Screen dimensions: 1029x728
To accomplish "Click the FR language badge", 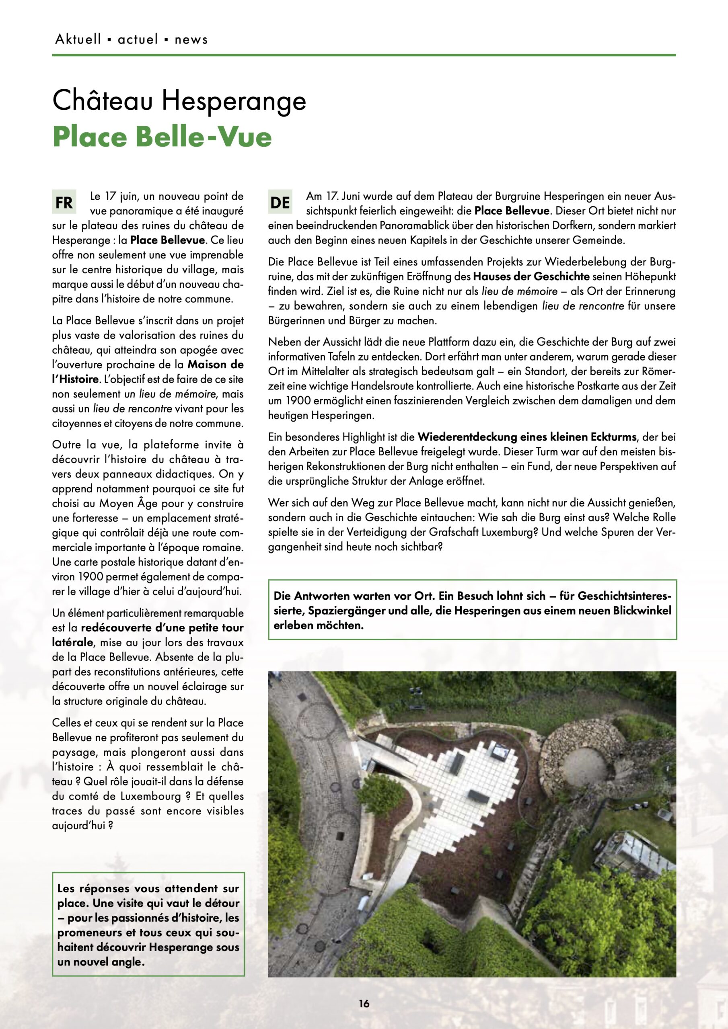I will pos(64,203).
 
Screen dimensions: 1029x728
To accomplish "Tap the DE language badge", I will pos(280,203).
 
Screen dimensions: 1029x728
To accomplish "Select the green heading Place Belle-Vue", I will pos(162,137).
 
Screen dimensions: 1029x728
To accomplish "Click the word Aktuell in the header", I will pos(78,39).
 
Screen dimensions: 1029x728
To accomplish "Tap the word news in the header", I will pos(191,39).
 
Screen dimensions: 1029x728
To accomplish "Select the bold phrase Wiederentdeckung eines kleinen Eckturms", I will pos(527,437).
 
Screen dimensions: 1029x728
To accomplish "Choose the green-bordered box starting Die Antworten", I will pos(472,610).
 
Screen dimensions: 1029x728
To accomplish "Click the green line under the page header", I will pos(364,55).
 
